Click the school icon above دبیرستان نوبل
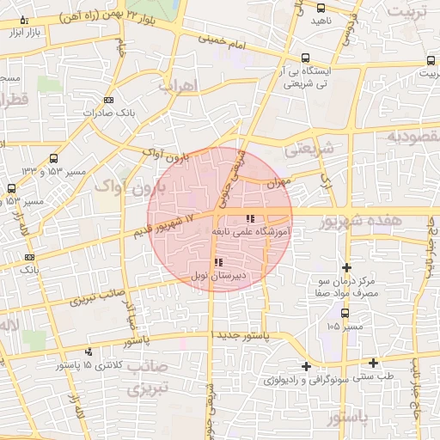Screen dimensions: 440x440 219,261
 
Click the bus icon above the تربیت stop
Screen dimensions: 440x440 430,60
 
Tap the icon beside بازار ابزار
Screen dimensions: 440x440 23,20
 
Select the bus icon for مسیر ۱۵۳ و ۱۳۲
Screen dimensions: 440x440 54,158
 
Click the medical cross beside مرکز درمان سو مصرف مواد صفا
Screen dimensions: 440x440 346,268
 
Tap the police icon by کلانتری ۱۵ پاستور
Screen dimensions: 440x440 89,351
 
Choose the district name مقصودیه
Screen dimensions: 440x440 412,136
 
